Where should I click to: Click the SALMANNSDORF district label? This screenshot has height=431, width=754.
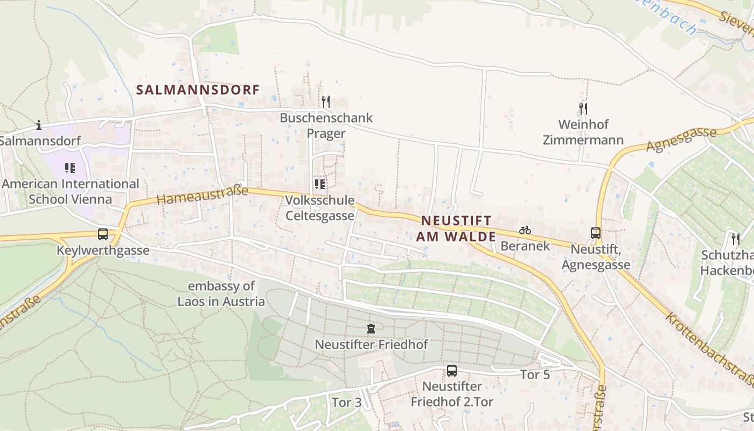[x=198, y=89]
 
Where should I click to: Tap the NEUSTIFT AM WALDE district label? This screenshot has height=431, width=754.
[x=456, y=228]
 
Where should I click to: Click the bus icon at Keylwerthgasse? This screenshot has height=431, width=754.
[x=103, y=234]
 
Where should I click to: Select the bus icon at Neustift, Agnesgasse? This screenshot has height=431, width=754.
[x=596, y=233]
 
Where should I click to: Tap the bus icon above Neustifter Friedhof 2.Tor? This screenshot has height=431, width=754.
[x=452, y=371]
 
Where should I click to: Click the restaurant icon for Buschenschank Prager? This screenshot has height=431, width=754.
[x=325, y=101]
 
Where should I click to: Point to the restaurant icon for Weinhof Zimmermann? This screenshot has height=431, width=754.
[x=583, y=108]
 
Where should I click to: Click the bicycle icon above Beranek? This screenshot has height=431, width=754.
[x=525, y=230]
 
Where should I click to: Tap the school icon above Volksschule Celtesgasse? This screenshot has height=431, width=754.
[x=320, y=184]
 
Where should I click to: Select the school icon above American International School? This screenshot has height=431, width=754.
[x=70, y=168]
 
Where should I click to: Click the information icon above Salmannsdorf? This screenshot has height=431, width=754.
[x=38, y=126]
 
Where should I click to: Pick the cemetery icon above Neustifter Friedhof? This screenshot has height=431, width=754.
[x=371, y=328]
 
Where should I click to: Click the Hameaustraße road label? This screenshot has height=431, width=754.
[x=203, y=195]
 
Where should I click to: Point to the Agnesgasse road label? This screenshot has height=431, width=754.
[x=682, y=140]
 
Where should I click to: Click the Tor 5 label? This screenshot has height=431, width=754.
[x=535, y=374]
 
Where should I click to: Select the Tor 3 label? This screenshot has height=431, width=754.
[x=346, y=402]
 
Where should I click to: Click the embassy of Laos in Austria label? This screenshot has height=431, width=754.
[x=221, y=294]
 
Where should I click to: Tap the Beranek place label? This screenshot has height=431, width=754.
[x=525, y=246]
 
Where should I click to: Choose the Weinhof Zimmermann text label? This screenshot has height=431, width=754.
[x=583, y=133]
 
